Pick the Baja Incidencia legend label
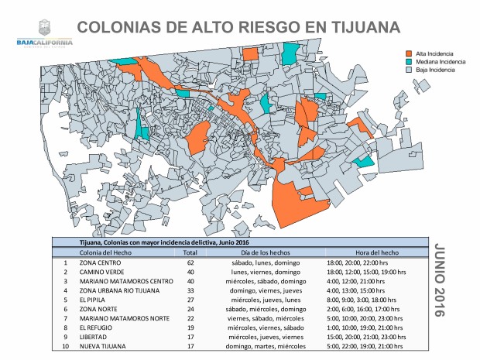(435, 70)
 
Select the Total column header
(190, 253)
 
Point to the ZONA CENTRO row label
(101, 263)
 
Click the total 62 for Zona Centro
(190, 263)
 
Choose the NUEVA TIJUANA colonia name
(105, 345)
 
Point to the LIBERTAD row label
(94, 336)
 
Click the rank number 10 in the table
(66, 345)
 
